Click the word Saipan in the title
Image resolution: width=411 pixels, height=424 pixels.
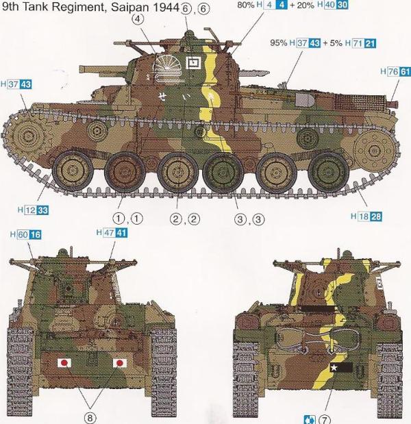click(129, 7)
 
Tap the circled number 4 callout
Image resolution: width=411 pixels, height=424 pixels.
click(138, 19)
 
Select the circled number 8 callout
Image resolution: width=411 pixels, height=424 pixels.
click(90, 418)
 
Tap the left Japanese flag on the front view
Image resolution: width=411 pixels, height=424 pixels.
click(64, 363)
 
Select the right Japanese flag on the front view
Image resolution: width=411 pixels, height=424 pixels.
click(119, 363)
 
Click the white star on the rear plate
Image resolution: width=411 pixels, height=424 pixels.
click(334, 367)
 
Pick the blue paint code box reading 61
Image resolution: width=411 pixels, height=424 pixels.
click(405, 71)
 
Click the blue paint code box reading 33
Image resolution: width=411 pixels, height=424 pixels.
click(42, 210)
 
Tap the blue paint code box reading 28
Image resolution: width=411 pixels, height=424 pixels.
click(376, 216)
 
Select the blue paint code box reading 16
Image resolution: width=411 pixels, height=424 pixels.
click(35, 234)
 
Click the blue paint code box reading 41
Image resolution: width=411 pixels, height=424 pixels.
click(121, 232)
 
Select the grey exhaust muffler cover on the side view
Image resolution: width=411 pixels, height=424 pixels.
click(305, 100)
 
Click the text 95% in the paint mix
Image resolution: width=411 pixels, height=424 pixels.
click(278, 42)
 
